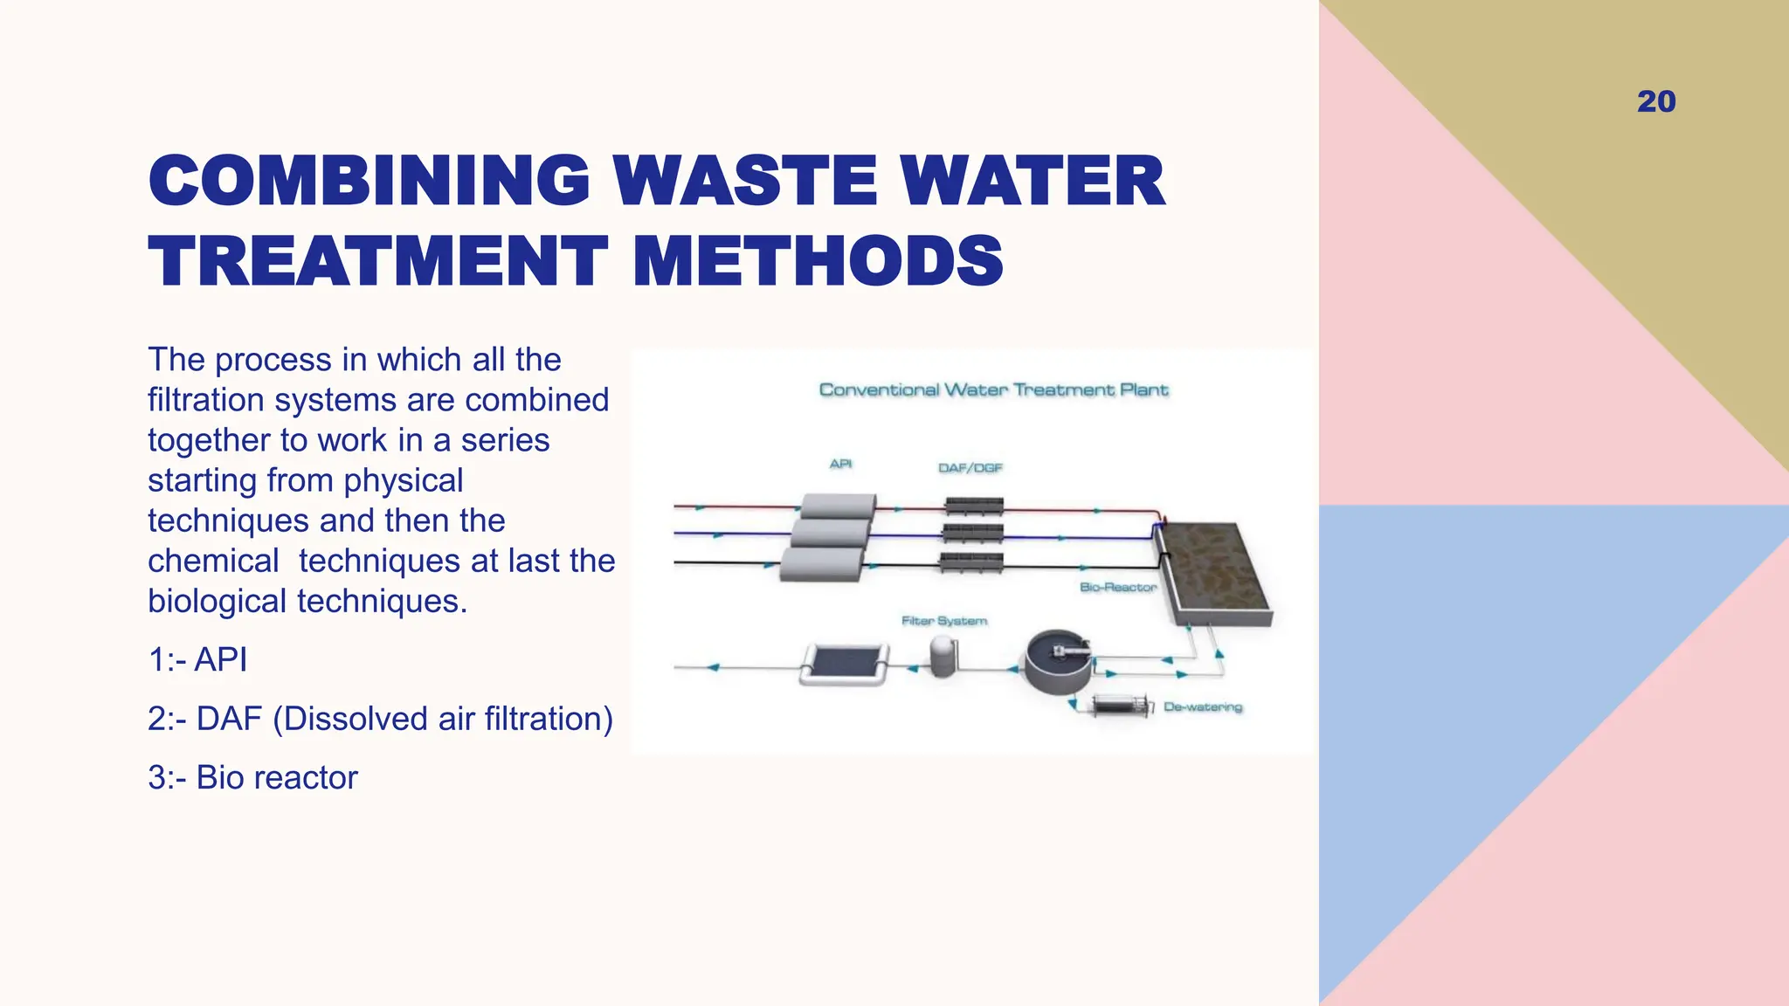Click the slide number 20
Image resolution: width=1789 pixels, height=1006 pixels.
click(x=1656, y=101)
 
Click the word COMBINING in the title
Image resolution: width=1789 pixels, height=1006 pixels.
click(x=370, y=181)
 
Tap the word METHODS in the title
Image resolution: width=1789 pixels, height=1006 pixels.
click(x=818, y=261)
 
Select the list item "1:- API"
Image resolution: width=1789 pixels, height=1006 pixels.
click(x=197, y=659)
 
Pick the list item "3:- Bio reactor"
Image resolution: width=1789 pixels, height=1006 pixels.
click(x=252, y=777)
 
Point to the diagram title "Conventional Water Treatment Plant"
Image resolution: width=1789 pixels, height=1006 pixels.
click(x=993, y=389)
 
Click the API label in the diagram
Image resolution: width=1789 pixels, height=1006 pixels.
click(x=840, y=464)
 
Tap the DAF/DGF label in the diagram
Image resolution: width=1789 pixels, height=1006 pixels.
click(x=970, y=468)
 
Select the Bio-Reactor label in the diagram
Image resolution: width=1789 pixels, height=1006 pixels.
click(x=1117, y=587)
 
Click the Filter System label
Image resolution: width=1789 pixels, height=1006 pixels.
click(x=943, y=621)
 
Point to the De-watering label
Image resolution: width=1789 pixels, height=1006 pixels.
click(x=1202, y=707)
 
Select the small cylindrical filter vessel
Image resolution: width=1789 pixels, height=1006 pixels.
click(x=943, y=656)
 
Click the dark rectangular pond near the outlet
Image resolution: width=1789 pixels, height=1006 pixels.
click(x=844, y=664)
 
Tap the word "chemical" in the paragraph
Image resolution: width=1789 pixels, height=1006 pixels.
click(x=213, y=561)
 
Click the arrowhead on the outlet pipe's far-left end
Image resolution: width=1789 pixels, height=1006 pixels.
click(x=713, y=667)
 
